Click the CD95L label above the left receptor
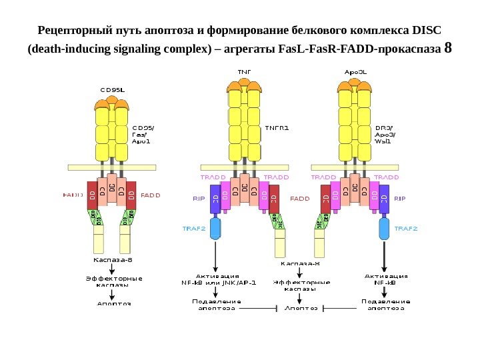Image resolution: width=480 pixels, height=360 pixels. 112,88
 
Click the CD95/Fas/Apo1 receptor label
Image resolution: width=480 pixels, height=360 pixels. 143,133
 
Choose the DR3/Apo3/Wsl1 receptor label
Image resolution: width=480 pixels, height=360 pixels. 385,133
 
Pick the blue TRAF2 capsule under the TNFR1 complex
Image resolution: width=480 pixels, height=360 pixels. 215,229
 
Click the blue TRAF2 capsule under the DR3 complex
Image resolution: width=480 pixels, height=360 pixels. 385,229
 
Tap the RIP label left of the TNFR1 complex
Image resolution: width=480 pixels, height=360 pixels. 199,198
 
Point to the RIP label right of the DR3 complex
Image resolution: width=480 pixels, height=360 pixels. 400,198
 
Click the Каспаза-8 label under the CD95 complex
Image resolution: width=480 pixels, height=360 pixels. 111,260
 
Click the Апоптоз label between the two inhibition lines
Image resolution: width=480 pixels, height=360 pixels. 301,308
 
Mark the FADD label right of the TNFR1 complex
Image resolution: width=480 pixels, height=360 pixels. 300,198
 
